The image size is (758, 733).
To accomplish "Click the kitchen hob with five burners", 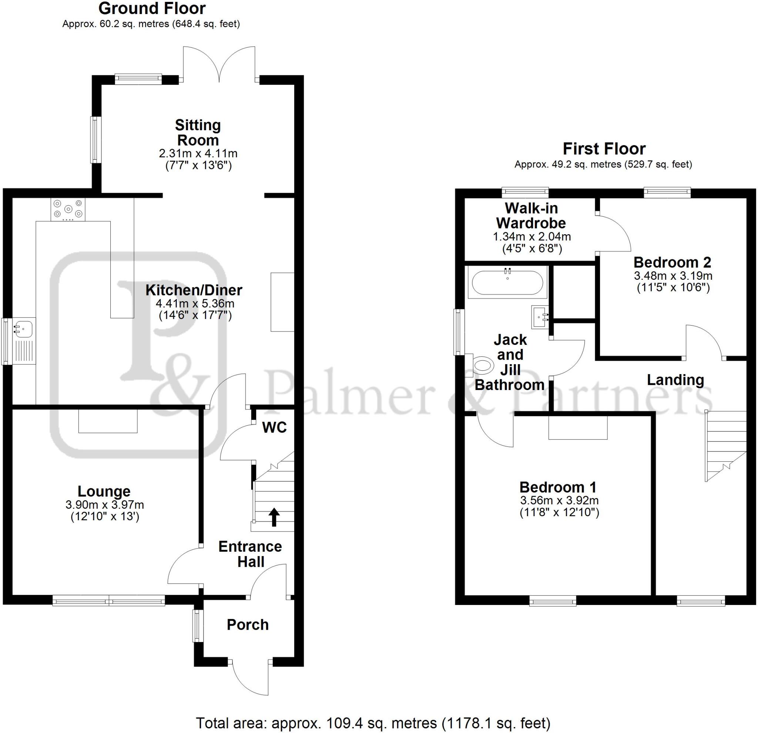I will click(x=68, y=209).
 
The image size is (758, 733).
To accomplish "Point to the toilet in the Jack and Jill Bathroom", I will click(x=483, y=365).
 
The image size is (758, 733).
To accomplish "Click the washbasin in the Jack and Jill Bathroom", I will click(x=540, y=317).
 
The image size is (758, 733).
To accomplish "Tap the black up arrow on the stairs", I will click(x=274, y=517).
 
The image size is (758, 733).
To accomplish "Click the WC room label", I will click(x=274, y=428).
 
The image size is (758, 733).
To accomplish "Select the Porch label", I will click(x=248, y=625).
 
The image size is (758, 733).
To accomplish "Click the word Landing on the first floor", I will click(x=675, y=380).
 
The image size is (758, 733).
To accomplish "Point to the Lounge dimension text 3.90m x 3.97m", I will click(x=105, y=505).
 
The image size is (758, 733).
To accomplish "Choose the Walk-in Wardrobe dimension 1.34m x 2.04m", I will click(x=532, y=236).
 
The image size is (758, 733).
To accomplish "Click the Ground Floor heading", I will click(x=152, y=9).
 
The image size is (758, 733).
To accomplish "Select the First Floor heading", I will click(x=604, y=149).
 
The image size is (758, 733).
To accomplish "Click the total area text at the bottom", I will click(x=373, y=723).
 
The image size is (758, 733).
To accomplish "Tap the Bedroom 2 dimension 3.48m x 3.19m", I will click(x=673, y=276).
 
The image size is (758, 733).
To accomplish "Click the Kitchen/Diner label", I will click(x=194, y=290).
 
